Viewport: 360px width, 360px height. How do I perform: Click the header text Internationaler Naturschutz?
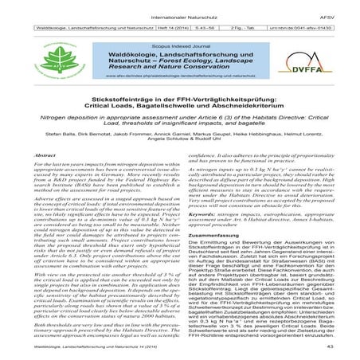(178, 9)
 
